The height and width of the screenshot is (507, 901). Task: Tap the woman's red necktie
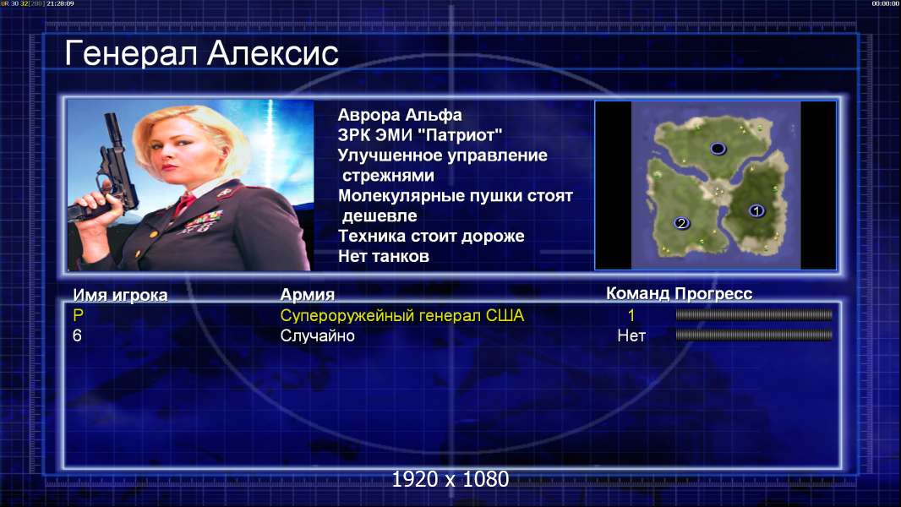click(185, 204)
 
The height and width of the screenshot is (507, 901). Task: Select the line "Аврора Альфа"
click(399, 115)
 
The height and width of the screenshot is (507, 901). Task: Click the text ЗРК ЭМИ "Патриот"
click(420, 135)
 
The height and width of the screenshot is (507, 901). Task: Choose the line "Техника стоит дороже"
click(431, 236)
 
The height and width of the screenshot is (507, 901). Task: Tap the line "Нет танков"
click(383, 256)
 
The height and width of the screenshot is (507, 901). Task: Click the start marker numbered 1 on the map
click(756, 210)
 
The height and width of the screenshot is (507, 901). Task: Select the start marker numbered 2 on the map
click(681, 223)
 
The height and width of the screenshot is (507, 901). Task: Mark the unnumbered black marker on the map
click(718, 149)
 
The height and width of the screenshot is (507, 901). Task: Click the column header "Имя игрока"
click(120, 295)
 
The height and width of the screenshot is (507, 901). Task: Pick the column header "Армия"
click(308, 295)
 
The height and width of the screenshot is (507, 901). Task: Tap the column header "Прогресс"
click(713, 293)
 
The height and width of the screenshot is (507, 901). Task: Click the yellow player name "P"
click(78, 315)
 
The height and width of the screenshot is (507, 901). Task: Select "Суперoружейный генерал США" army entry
click(402, 315)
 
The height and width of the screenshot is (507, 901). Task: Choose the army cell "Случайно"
click(317, 336)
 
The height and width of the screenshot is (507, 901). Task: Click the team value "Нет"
click(631, 336)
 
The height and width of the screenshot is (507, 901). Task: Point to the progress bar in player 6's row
click(754, 335)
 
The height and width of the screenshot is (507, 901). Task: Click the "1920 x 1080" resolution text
click(450, 479)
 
